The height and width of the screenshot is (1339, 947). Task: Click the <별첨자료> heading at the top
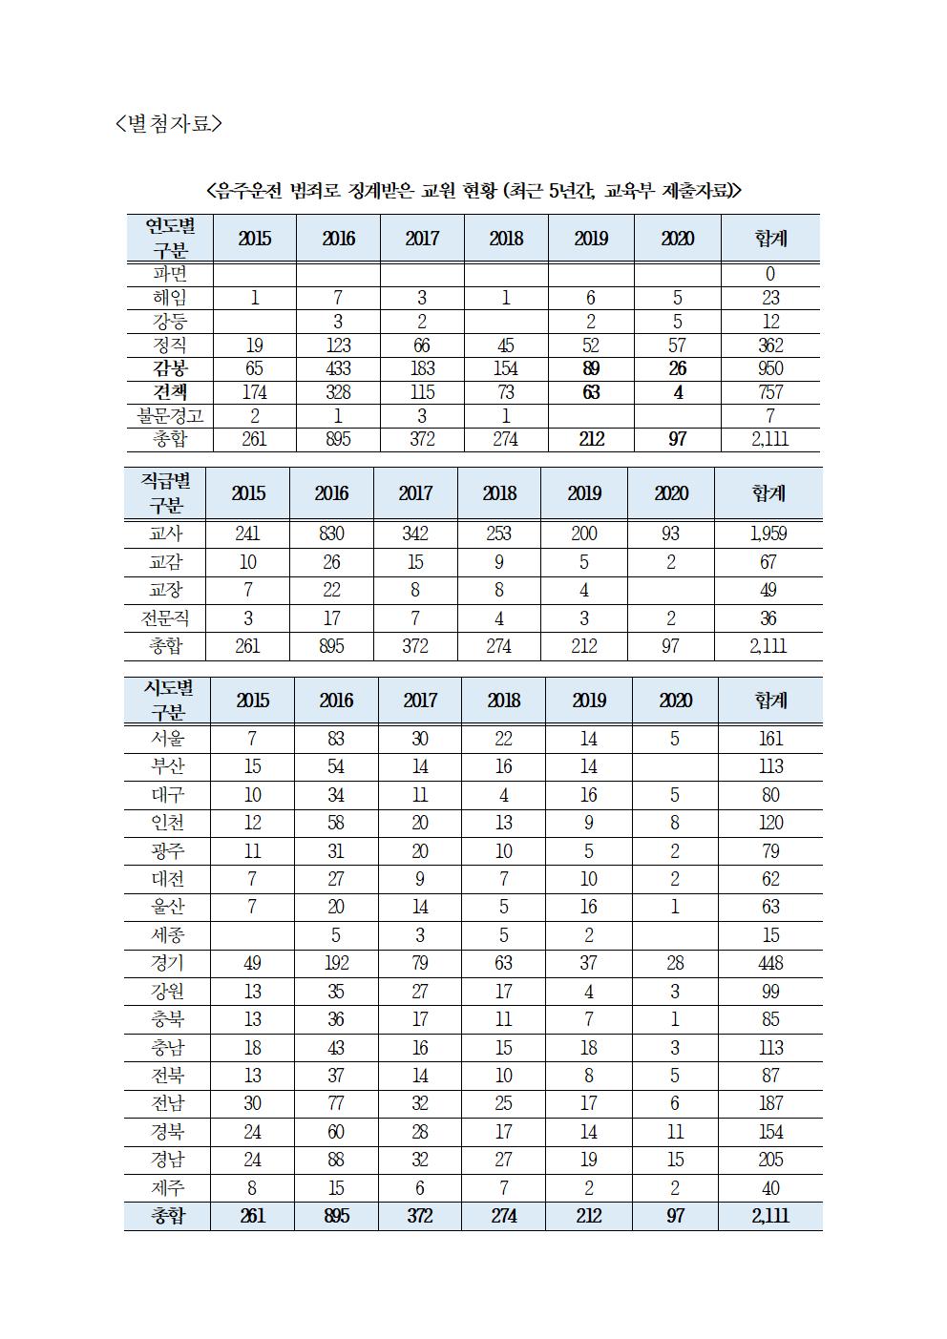click(x=168, y=123)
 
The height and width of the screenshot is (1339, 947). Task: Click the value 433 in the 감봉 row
click(x=338, y=368)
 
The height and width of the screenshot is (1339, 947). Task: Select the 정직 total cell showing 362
click(x=769, y=345)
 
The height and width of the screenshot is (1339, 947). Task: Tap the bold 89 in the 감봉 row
click(x=590, y=368)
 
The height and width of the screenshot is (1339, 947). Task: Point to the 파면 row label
click(x=169, y=275)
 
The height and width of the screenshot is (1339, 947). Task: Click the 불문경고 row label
click(x=169, y=416)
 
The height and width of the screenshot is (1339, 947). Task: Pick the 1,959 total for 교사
click(x=768, y=534)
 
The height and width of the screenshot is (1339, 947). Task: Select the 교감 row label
click(x=166, y=562)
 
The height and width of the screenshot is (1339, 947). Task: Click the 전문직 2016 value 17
click(x=331, y=618)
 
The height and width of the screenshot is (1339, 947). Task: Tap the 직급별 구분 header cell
click(x=166, y=492)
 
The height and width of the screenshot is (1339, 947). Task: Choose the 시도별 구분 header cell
click(x=168, y=701)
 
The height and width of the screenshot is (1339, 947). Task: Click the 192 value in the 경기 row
click(x=336, y=963)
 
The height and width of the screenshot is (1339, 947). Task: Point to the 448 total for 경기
click(x=769, y=963)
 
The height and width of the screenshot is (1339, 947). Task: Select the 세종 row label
click(x=168, y=935)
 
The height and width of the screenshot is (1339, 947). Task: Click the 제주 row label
click(x=168, y=1188)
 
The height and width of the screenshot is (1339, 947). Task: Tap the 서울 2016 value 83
click(x=336, y=739)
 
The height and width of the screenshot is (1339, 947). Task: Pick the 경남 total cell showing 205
click(x=769, y=1160)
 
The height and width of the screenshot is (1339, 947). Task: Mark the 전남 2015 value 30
click(x=252, y=1104)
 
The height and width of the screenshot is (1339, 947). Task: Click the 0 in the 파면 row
click(x=769, y=275)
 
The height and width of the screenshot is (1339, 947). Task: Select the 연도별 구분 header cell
click(x=170, y=238)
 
